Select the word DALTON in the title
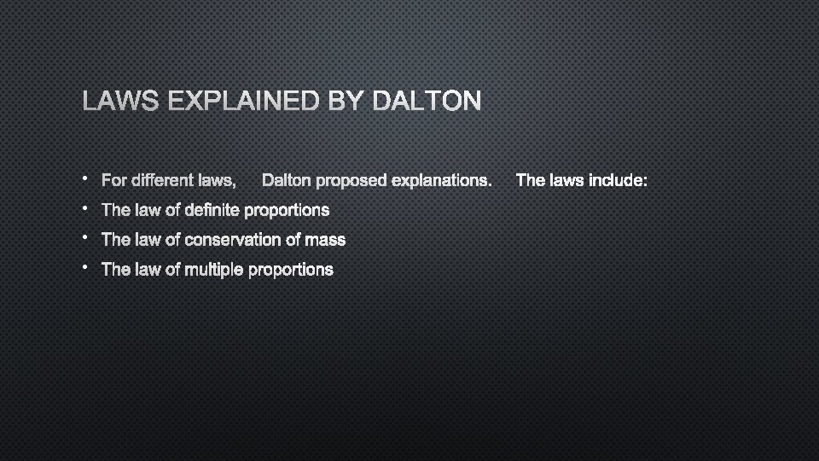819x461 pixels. pos(427,102)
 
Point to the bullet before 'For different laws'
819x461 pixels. pos(87,178)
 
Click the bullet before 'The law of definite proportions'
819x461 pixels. pos(87,207)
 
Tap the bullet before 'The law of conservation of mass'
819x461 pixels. pos(87,237)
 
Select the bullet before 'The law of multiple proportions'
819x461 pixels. pos(87,267)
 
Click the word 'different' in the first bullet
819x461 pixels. pos(163,181)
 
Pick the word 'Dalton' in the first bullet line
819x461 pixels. pos(288,181)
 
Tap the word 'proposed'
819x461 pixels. pos(351,181)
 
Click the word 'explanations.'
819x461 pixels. pos(441,181)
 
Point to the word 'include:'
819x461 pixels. pos(618,181)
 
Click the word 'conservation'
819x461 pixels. pos(238,240)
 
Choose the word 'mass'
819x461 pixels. pos(328,240)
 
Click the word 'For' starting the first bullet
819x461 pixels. pos(113,181)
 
